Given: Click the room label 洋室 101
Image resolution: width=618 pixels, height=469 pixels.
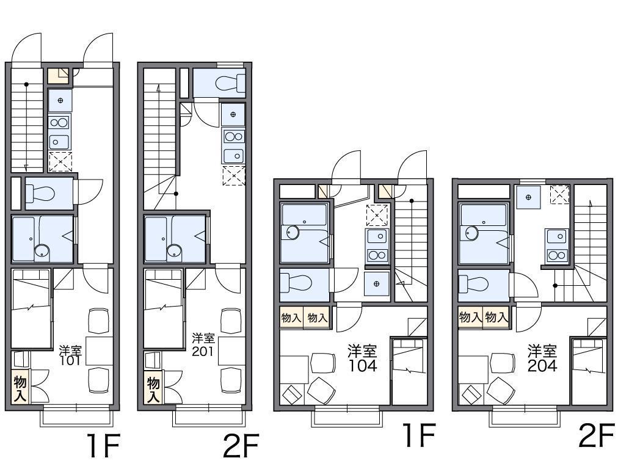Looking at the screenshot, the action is click(71, 355).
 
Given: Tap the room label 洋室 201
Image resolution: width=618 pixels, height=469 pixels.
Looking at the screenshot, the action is click(203, 344).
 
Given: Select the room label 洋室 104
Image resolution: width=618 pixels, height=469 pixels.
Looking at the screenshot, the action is click(362, 358).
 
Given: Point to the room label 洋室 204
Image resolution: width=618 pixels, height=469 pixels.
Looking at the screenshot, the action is click(542, 358).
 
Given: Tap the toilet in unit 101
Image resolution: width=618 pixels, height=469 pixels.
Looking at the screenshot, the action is click(40, 193).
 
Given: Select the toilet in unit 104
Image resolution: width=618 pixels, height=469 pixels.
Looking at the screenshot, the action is click(296, 282).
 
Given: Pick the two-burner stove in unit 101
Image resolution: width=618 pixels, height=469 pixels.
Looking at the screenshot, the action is click(59, 123).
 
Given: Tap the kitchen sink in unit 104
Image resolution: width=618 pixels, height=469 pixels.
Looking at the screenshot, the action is click(377, 236).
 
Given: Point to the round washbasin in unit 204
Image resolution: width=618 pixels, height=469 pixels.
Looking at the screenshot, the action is click(471, 233).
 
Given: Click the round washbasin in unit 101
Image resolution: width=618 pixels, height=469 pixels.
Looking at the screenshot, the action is click(42, 250).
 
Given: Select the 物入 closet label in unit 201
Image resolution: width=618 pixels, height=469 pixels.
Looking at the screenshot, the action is click(153, 388).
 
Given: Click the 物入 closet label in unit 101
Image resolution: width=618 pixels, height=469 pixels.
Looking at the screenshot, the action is click(20, 388).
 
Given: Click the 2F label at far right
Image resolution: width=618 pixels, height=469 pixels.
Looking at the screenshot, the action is click(597, 435).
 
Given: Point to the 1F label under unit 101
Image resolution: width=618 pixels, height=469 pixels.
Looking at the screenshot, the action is click(103, 445).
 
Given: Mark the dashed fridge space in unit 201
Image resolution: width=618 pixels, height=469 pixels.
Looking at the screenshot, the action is click(234, 176).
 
